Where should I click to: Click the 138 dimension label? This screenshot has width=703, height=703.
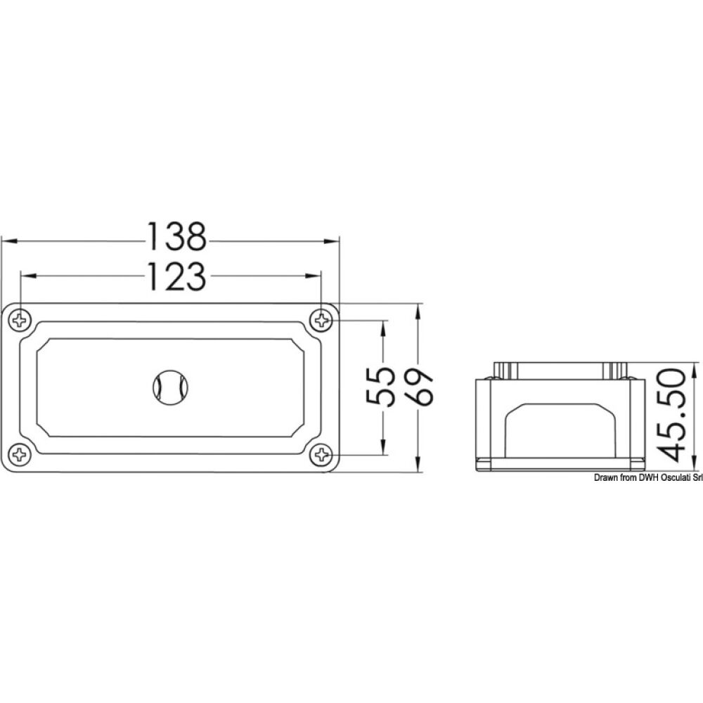coord(176,238)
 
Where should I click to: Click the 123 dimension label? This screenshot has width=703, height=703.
coord(176,276)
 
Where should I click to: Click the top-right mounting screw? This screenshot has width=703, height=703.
coord(322,321)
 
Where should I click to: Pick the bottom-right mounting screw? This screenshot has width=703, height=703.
coord(322,455)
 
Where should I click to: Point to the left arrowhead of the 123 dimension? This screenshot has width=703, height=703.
coord(26,276)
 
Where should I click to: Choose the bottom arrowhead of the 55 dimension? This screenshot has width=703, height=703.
coord(383,449)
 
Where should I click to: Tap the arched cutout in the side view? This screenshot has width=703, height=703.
coord(559,429)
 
